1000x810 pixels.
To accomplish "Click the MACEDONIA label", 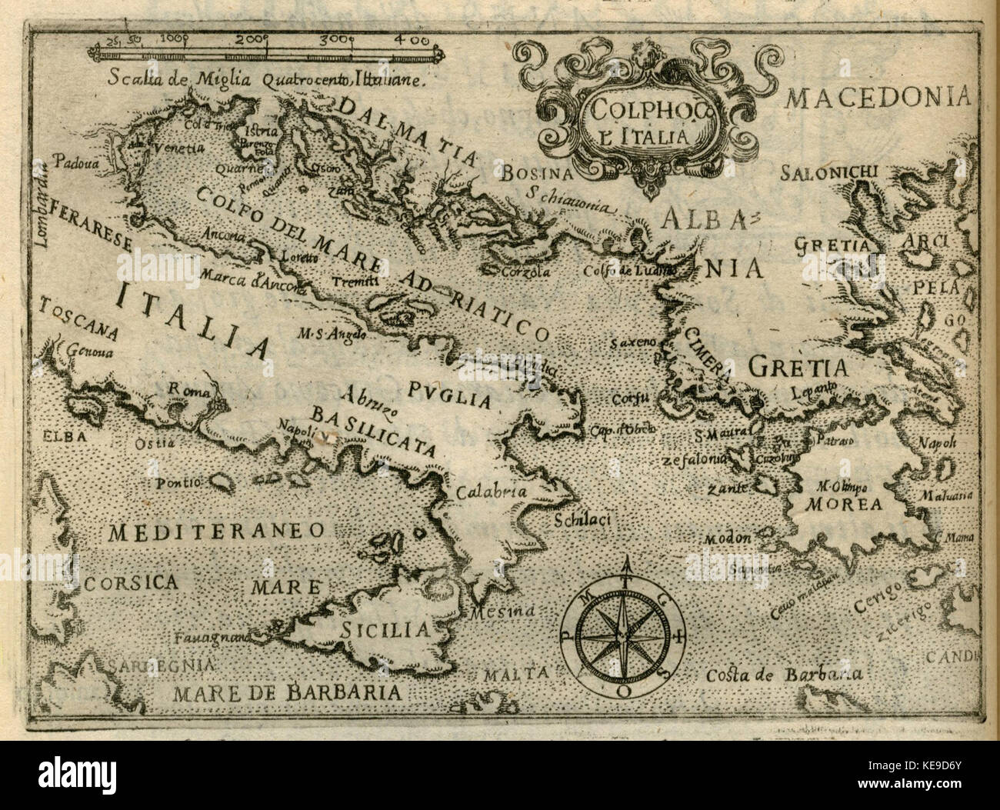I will pos(888,98).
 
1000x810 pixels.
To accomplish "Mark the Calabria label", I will pos(491,492).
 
